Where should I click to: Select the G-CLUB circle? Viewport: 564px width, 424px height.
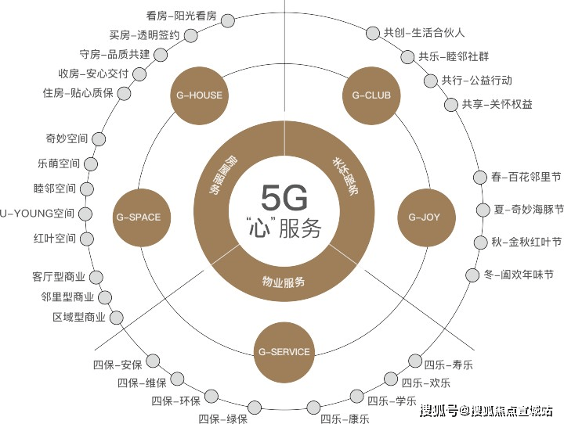[x=371, y=95]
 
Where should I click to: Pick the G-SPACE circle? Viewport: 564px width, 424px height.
[x=138, y=217]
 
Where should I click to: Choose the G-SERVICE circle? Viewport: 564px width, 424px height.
[x=284, y=351]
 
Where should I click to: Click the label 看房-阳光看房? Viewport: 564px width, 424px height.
[x=181, y=14]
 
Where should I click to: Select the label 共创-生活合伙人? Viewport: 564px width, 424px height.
[x=424, y=33]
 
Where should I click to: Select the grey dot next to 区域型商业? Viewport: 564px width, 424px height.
[x=118, y=317]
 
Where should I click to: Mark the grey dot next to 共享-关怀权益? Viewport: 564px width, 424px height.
[x=450, y=104]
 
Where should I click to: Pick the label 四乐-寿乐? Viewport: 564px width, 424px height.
[x=449, y=365]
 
